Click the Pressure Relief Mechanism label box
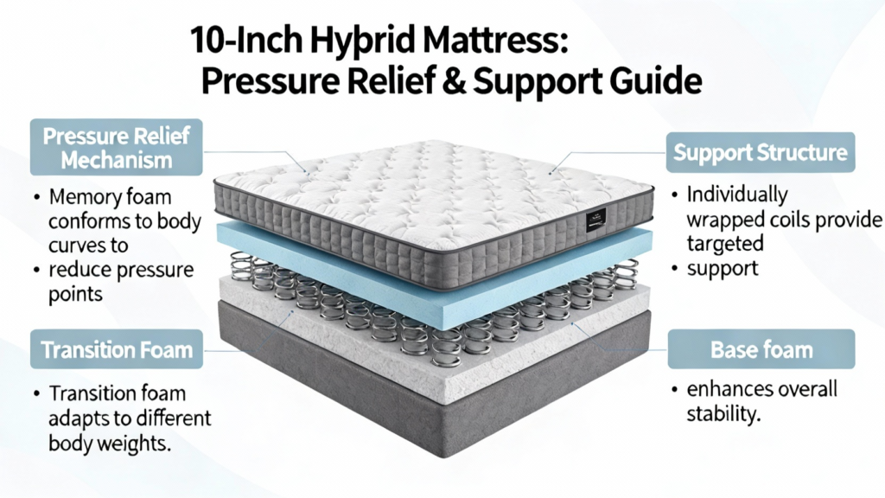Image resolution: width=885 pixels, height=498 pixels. (117, 147)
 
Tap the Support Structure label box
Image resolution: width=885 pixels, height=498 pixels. (761, 152)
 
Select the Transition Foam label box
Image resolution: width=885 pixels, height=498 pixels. (117, 349)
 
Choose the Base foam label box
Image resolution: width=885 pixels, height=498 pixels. (761, 349)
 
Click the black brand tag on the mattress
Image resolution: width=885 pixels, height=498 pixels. (595, 218)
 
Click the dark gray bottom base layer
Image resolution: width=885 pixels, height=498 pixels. (435, 395)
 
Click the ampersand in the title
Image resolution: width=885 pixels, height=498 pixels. (455, 80)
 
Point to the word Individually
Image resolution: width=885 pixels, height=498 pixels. (737, 195)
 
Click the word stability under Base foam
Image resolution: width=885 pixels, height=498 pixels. (723, 414)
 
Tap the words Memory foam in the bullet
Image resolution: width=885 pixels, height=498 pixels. (110, 197)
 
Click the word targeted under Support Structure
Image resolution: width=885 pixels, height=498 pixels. (725, 244)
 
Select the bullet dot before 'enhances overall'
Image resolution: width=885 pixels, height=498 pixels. (674, 390)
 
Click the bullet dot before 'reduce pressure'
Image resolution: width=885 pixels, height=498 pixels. (36, 271)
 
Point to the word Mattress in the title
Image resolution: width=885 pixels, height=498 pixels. (490, 41)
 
